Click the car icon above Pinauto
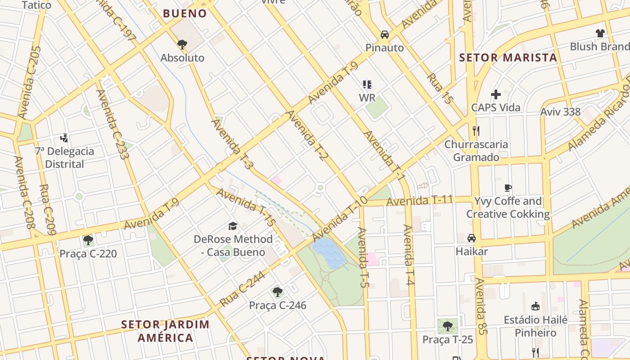[x=385, y=34]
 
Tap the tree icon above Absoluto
[x=182, y=44]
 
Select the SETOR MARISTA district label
[x=508, y=58]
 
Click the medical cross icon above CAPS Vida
[x=496, y=94]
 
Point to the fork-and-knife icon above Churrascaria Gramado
[x=476, y=131]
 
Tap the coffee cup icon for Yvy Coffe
[x=508, y=188]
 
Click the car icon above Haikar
[x=471, y=238]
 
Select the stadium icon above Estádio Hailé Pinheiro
[x=535, y=306]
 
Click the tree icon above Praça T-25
[x=447, y=326]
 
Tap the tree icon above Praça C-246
[x=278, y=292]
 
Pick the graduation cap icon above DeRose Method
[x=233, y=226]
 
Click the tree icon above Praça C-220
[x=88, y=240]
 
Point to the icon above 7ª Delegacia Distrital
[x=64, y=138]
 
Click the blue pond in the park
[x=328, y=253]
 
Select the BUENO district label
[x=185, y=13]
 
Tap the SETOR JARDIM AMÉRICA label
[x=165, y=331]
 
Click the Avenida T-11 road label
[x=419, y=201]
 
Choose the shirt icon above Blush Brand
[x=600, y=33]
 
